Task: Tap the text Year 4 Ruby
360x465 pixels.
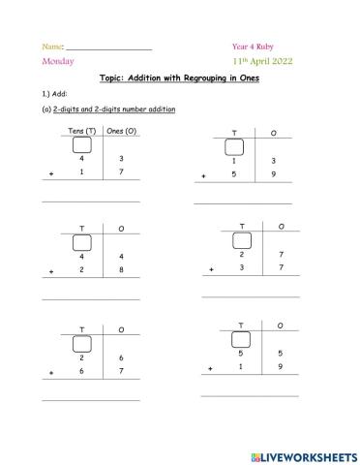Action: point(252,46)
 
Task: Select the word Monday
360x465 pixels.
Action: point(57,61)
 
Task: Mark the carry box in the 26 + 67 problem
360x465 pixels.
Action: point(82,344)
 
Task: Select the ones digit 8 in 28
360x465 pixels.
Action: point(122,270)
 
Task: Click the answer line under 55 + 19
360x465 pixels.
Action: point(250,396)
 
